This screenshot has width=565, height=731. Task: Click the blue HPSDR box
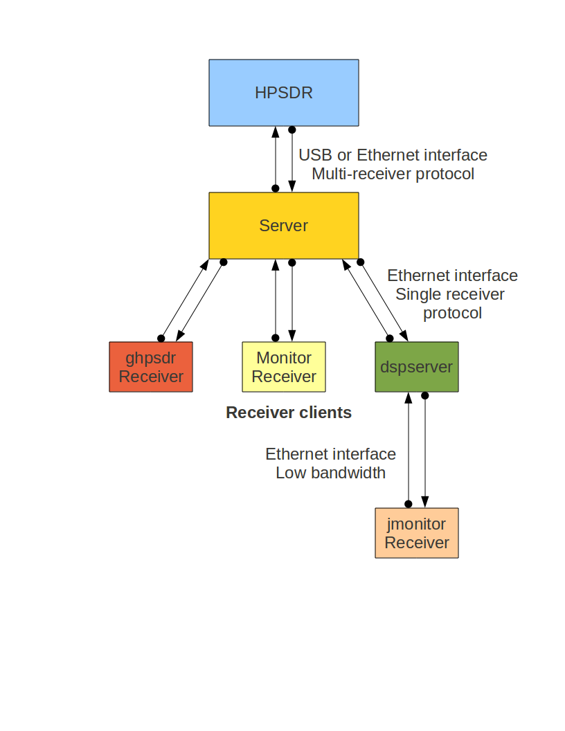284,93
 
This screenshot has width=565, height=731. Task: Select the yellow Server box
284,226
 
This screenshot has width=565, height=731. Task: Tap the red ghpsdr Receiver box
151,367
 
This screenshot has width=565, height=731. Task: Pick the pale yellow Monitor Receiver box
284,367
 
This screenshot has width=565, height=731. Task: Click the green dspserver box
417,367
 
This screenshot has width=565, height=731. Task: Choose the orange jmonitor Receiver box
417,533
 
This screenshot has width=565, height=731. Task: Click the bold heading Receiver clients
289,413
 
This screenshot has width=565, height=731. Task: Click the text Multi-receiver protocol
393,174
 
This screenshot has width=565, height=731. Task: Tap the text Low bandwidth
330,473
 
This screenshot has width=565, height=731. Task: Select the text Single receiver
450,294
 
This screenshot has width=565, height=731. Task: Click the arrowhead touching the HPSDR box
276,132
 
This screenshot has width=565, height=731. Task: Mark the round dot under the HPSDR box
292,129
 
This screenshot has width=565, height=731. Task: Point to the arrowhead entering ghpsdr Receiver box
181,336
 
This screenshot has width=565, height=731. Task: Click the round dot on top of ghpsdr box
161,339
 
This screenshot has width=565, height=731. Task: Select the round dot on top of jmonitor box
409,504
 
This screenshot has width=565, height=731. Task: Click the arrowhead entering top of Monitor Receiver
292,336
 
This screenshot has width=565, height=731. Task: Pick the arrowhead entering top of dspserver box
404,336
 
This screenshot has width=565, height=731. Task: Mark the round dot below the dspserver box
425,395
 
